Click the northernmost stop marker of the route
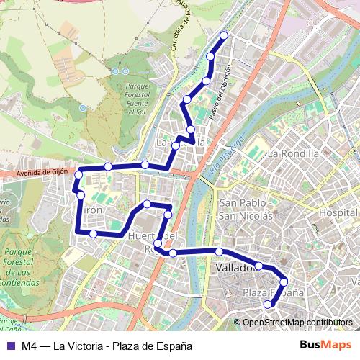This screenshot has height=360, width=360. tap(224, 35)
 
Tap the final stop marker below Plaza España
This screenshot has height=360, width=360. tap(268, 305)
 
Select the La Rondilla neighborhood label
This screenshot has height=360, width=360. tap(293, 153)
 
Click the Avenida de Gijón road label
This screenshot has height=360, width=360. tap(42, 172)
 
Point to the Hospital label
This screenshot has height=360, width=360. tap(339, 213)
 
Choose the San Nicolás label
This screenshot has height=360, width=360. tap(246, 215)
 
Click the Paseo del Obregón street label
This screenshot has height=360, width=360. tap(221, 93)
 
